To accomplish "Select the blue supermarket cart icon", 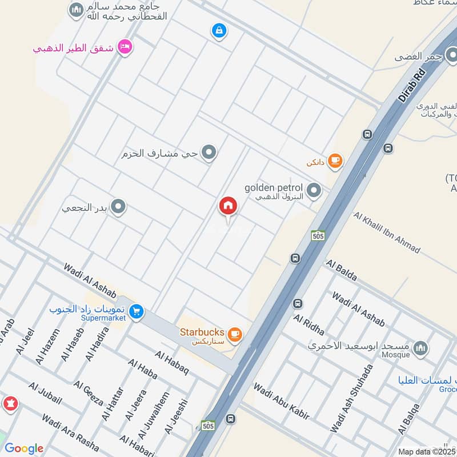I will (x=136, y=311).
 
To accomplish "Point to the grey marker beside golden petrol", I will (x=314, y=191).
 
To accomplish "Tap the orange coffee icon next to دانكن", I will (x=335, y=162).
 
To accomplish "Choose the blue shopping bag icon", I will (x=218, y=30).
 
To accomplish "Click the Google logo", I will (x=23, y=448).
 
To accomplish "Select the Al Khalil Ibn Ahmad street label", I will (x=387, y=232).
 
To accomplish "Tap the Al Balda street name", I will (x=342, y=270).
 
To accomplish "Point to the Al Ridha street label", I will (x=309, y=324).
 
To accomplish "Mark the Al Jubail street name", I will (x=43, y=395).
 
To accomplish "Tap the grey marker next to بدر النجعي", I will (x=118, y=207).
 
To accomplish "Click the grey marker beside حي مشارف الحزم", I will (x=210, y=153).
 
